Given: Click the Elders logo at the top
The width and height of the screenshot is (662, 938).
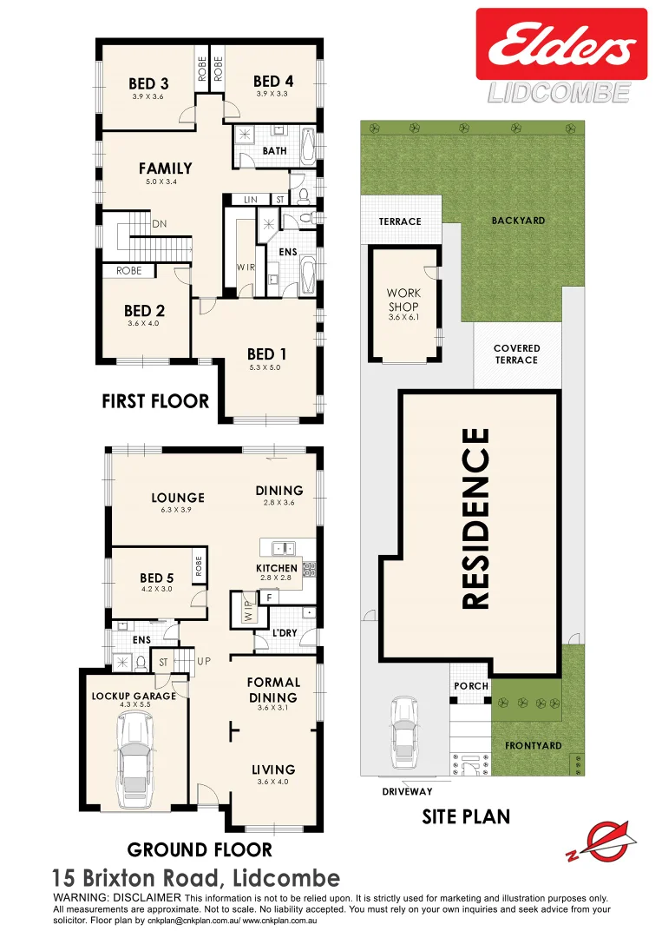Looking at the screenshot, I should pos(560,44).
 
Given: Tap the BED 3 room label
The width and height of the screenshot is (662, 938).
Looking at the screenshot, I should pos(148,83).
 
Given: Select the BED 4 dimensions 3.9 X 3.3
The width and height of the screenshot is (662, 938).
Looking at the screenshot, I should pos(273,93).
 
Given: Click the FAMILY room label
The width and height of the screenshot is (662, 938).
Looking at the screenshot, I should pos(165,168).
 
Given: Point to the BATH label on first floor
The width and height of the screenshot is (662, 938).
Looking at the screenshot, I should pos(274,151).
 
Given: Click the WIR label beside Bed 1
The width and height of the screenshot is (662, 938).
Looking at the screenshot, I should pos(246,267).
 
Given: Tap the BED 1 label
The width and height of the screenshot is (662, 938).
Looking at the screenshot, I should pos(266,353).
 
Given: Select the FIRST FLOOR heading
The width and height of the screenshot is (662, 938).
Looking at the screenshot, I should pos(155,401).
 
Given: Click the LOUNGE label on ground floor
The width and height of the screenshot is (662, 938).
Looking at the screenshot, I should pos(178,498).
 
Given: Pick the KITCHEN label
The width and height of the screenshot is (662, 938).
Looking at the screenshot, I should pos(277,568).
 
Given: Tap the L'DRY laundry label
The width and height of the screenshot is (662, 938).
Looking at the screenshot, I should pos(285,632).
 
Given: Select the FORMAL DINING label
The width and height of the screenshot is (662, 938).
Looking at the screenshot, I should pos(273,690).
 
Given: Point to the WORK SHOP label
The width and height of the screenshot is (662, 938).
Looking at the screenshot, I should pos(403,300).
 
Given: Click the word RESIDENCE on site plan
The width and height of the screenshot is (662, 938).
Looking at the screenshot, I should pos(476,519).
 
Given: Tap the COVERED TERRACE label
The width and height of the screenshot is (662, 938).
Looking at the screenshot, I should pos(516,353).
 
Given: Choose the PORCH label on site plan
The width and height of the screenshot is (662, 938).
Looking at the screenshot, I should pos(471,685).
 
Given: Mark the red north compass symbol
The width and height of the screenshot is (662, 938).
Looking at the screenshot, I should pos(600,841).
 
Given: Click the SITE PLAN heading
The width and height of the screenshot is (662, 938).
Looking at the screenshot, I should pos(466,816).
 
